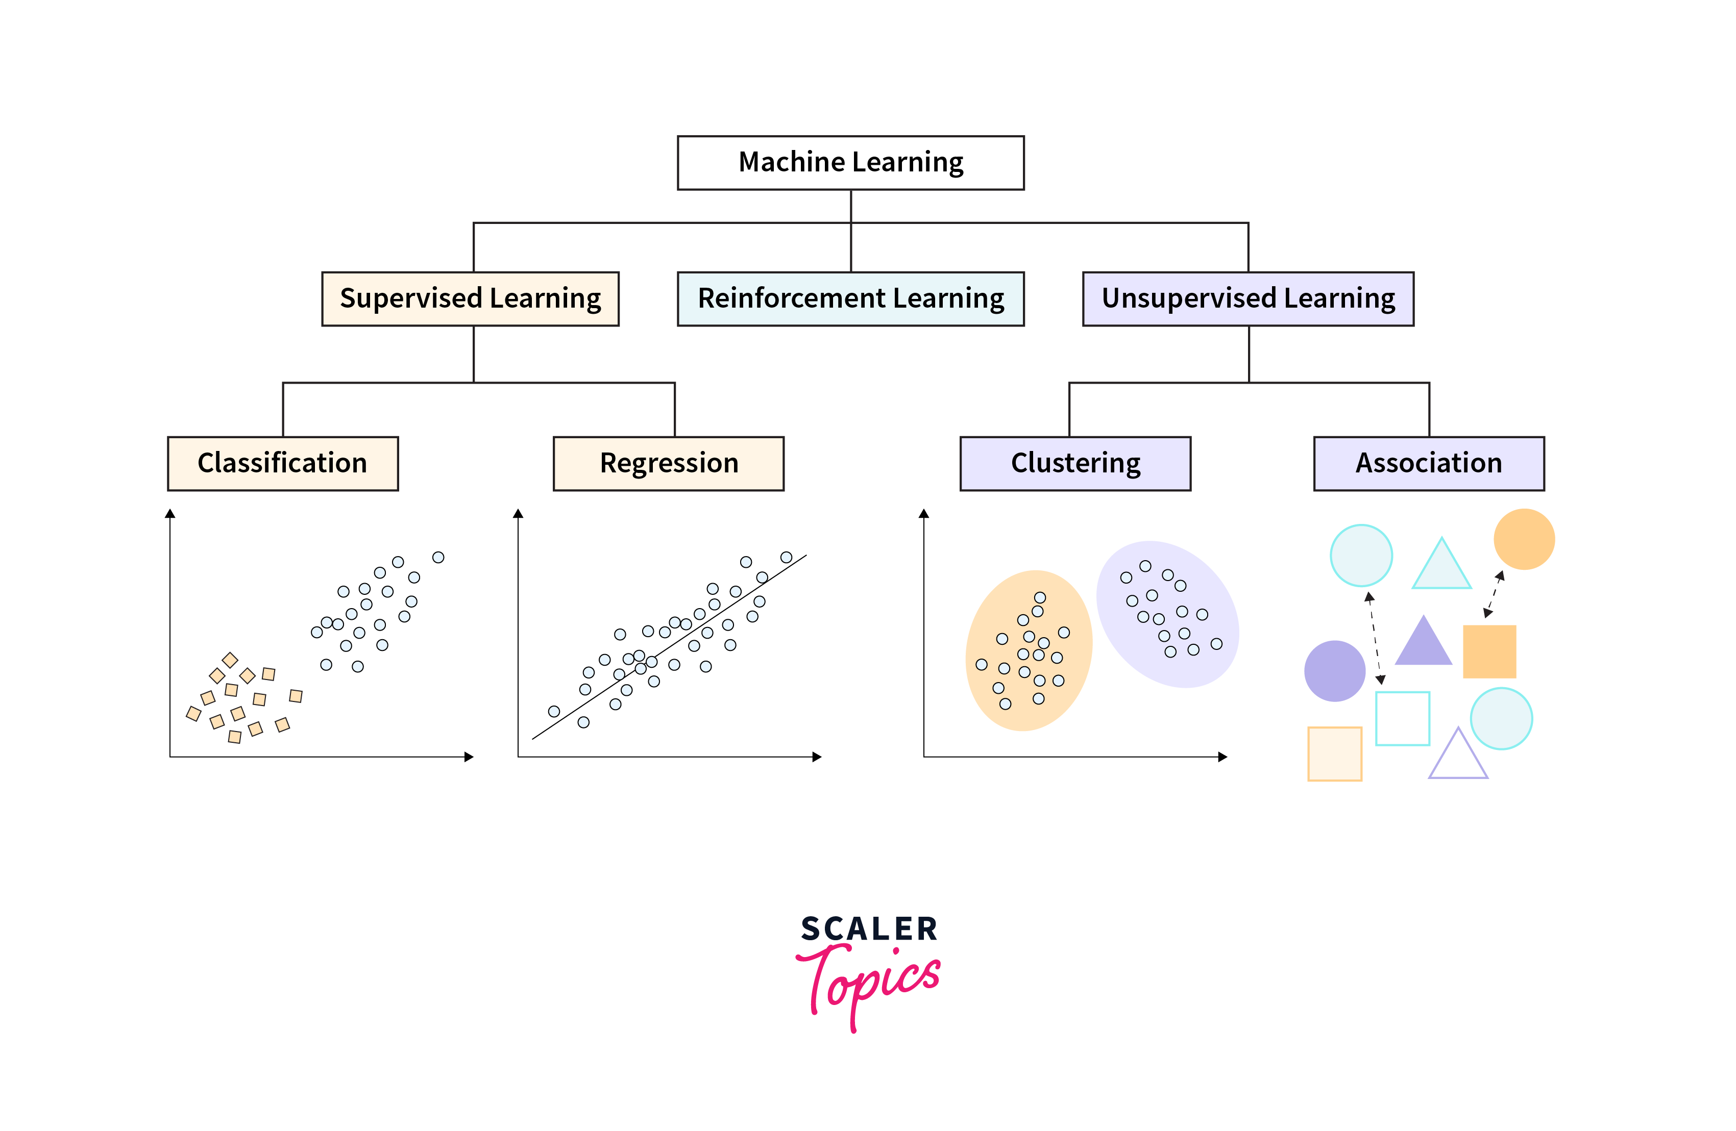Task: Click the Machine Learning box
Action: click(x=850, y=163)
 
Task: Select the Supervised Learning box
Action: click(x=471, y=299)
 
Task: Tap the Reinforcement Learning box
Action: click(x=850, y=299)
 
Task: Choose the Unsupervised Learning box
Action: click(x=1248, y=299)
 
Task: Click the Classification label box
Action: click(x=283, y=464)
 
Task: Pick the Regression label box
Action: click(x=669, y=464)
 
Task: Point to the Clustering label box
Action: click(x=1075, y=464)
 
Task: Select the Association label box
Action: click(x=1429, y=464)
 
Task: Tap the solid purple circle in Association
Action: click(x=1334, y=671)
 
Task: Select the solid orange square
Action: click(x=1489, y=651)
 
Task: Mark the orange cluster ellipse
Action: click(x=1029, y=650)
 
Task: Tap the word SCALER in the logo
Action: click(x=869, y=929)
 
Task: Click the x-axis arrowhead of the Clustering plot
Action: click(x=1222, y=757)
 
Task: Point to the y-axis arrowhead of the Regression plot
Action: click(x=518, y=513)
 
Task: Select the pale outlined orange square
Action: click(x=1334, y=754)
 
